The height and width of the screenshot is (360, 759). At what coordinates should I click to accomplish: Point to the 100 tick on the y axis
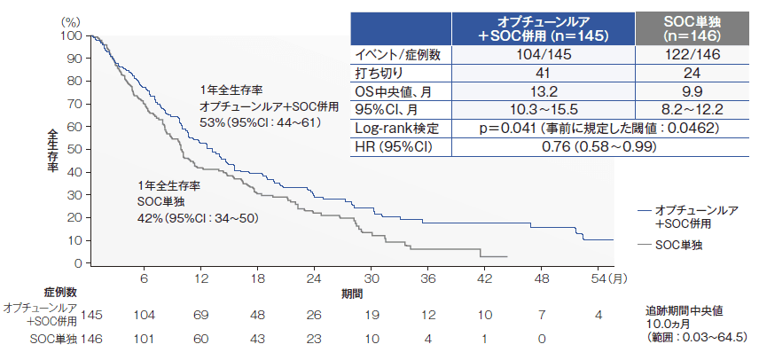[71, 36]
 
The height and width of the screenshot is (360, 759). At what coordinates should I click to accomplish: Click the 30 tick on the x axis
[372, 278]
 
